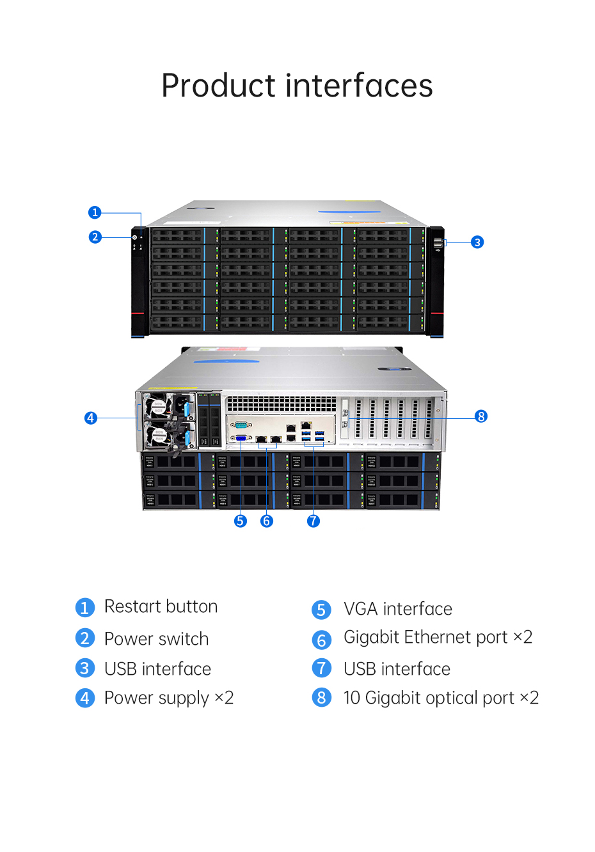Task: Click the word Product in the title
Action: [x=218, y=86]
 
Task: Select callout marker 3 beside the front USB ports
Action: [x=477, y=242]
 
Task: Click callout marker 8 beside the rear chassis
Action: [x=481, y=416]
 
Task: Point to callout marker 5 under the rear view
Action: [x=240, y=521]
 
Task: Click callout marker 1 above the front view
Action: [x=95, y=212]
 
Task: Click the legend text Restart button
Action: [x=161, y=606]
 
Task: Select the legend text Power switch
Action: [x=156, y=638]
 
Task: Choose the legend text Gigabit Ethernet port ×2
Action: [x=438, y=638]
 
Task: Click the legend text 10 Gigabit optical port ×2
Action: [x=441, y=698]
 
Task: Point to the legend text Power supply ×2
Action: [x=169, y=698]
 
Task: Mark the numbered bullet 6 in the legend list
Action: [x=321, y=640]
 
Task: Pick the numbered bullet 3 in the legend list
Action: [x=85, y=668]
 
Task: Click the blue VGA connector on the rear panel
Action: [x=241, y=438]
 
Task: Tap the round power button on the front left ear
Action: [x=134, y=237]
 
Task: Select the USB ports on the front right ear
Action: [x=438, y=242]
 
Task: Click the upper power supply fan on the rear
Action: [x=156, y=406]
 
